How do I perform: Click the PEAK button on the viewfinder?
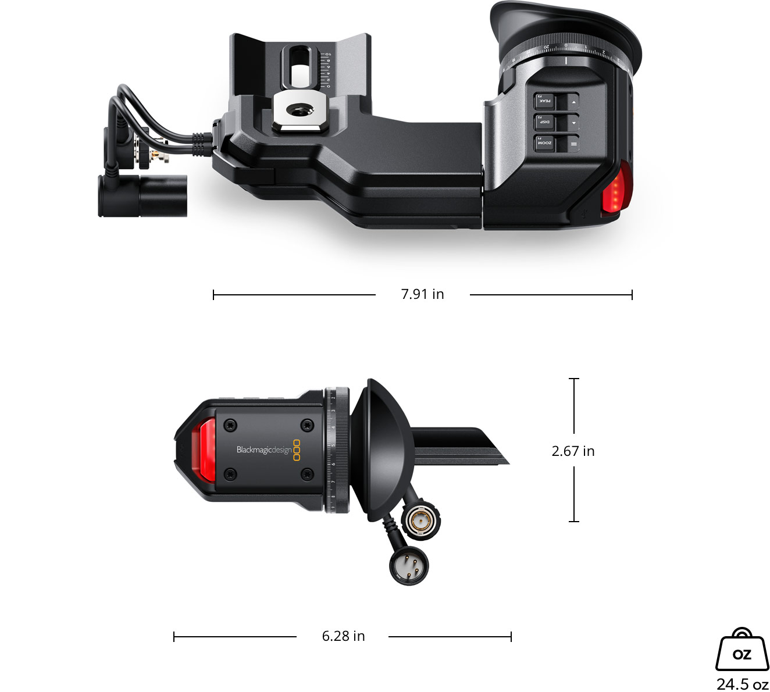click(x=545, y=102)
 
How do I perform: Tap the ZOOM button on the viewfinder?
click(x=545, y=143)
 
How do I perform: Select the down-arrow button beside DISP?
click(x=573, y=123)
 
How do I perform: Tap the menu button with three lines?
click(x=573, y=144)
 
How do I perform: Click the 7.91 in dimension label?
click(x=422, y=294)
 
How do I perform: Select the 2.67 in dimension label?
click(x=573, y=451)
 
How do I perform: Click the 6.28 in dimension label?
click(x=343, y=636)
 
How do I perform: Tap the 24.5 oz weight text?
click(x=742, y=684)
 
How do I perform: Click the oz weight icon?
click(x=742, y=650)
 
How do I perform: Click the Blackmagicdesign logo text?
click(x=264, y=450)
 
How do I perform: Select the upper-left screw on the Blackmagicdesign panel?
click(x=231, y=426)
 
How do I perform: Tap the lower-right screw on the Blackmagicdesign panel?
click(x=307, y=475)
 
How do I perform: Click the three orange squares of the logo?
click(x=297, y=451)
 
